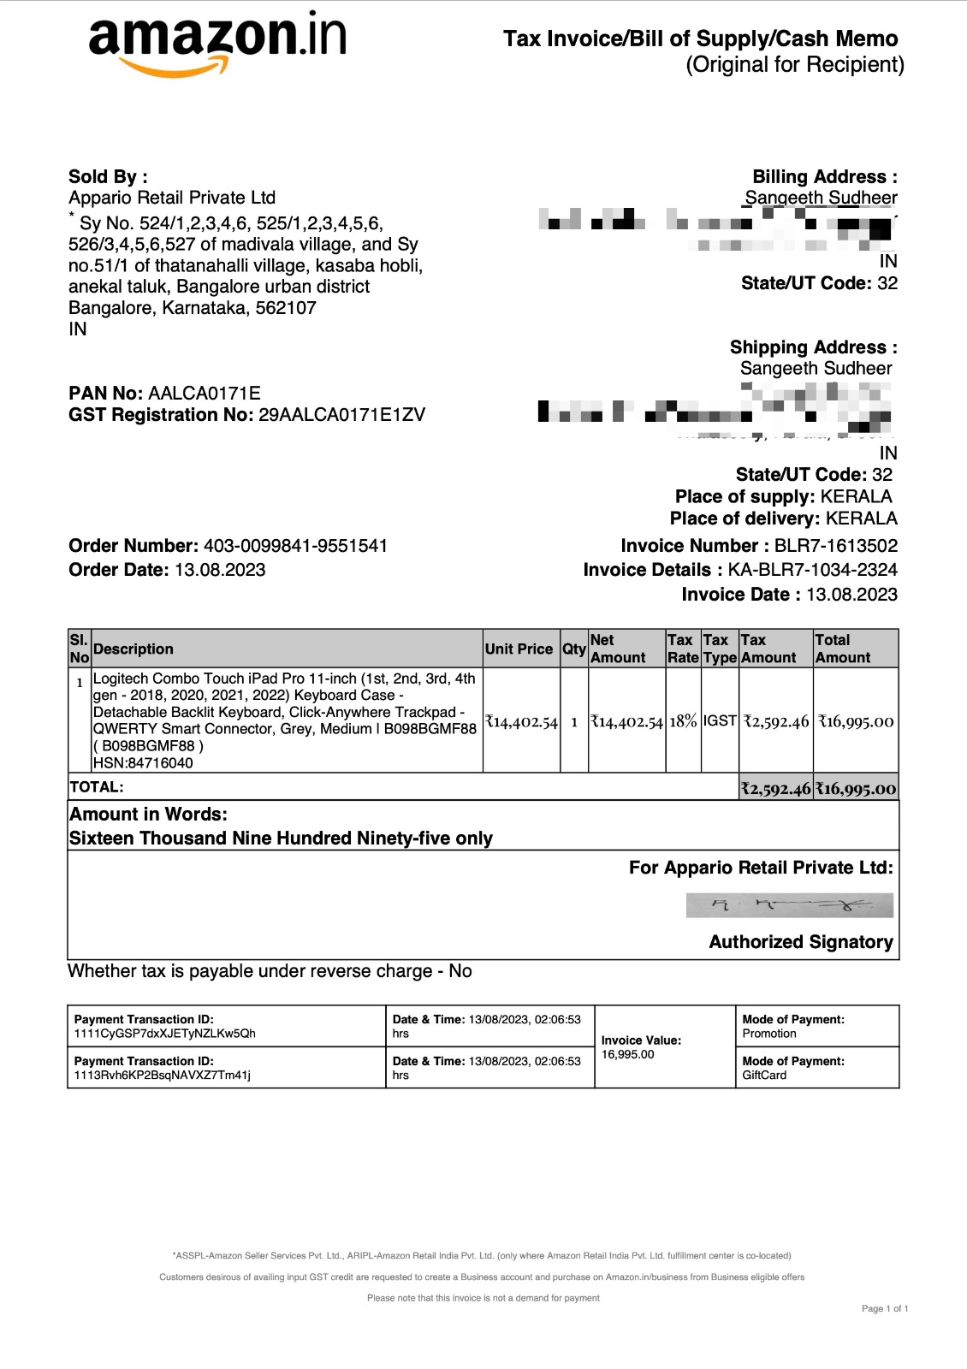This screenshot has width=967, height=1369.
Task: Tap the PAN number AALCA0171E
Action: click(x=205, y=394)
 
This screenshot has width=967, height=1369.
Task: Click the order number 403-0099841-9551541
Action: click(x=295, y=546)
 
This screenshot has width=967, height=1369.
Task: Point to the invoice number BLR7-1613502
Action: click(x=835, y=546)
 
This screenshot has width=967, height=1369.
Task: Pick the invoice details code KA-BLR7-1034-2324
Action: click(x=812, y=570)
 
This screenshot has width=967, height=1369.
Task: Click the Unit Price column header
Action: click(x=519, y=649)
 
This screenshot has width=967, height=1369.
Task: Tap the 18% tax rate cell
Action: click(x=683, y=721)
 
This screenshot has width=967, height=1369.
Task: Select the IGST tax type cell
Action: click(x=720, y=721)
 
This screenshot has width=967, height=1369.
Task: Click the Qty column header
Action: click(x=573, y=649)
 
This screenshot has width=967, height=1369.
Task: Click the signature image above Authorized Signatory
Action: click(x=789, y=905)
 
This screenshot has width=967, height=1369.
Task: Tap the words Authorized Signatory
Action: click(x=801, y=942)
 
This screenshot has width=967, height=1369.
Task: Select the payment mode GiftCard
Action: click(x=764, y=1076)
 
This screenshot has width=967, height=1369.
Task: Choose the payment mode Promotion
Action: click(x=769, y=1034)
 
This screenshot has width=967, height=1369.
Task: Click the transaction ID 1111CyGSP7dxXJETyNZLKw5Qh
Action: click(x=164, y=1034)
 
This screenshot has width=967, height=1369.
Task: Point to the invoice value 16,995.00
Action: click(x=627, y=1054)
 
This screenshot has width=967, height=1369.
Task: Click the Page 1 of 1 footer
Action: click(x=885, y=1308)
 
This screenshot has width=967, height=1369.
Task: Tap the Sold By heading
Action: click(x=108, y=177)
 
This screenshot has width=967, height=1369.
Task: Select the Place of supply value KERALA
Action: click(x=856, y=497)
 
